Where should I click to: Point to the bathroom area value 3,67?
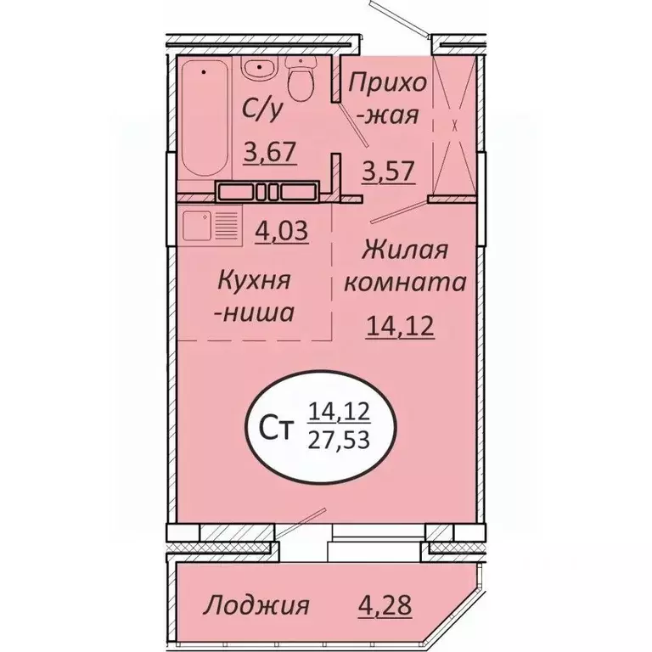269,154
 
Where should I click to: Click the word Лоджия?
256,606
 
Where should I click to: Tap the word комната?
404,283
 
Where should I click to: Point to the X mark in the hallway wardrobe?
455,126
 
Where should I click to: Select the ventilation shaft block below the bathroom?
267,190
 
